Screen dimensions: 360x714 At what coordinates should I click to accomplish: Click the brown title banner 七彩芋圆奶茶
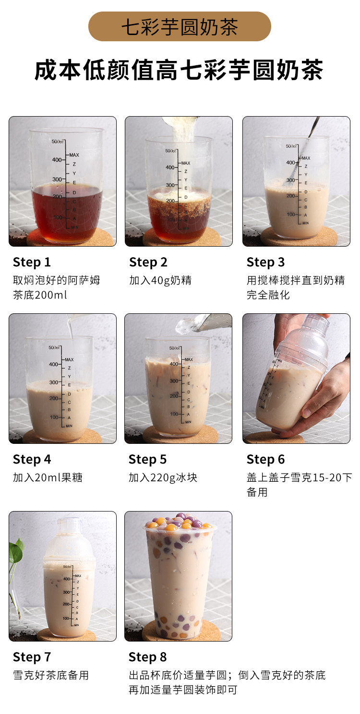180,26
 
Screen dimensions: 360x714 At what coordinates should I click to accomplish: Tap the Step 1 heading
32,262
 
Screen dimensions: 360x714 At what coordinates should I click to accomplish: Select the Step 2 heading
148,262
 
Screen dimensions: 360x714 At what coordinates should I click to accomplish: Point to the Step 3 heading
265,262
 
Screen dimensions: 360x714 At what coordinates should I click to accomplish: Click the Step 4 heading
32,460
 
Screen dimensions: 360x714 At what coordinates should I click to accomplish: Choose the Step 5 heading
148,460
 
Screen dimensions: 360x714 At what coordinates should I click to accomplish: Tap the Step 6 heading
265,460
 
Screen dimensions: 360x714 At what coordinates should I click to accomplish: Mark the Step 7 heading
32,657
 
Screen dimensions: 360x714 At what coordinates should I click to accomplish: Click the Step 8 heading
148,657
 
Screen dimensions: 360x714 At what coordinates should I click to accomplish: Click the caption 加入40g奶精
160,280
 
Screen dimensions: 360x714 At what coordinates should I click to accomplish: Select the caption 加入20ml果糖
48,477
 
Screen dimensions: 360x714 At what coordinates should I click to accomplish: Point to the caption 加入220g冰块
163,477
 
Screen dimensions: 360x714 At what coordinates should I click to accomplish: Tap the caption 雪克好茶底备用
51,675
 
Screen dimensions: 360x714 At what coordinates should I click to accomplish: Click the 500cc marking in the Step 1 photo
58,142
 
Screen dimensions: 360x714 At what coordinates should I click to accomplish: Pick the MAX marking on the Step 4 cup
69,359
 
